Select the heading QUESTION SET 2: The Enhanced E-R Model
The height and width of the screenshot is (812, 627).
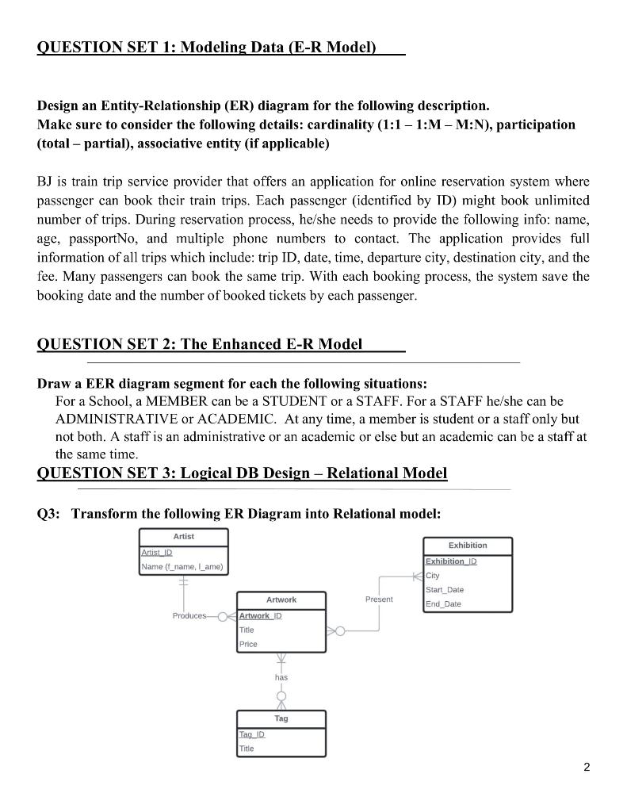tap(200, 343)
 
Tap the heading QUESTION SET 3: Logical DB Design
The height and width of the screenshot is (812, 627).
tap(242, 473)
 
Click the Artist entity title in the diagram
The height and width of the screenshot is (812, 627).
tap(183, 537)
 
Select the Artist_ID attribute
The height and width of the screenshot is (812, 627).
tap(157, 552)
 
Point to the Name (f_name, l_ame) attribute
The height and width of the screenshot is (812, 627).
tap(182, 566)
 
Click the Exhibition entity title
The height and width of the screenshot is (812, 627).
tap(468, 546)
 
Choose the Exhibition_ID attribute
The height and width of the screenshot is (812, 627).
tap(451, 561)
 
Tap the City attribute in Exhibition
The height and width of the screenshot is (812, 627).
tap(433, 576)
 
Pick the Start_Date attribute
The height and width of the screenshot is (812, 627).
tap(445, 590)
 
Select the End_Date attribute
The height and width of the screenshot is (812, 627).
tap(443, 604)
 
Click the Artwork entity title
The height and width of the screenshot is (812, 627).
tap(281, 600)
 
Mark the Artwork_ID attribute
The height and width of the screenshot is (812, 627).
tap(260, 615)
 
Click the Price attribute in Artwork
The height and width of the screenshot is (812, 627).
tap(248, 644)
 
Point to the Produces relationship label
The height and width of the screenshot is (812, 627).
tap(189, 615)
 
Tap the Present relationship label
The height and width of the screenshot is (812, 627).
tap(379, 599)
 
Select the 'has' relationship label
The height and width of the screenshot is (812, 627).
tap(281, 677)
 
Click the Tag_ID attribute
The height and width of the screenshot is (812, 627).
tap(252, 734)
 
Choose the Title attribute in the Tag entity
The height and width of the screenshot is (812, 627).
tap(247, 749)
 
